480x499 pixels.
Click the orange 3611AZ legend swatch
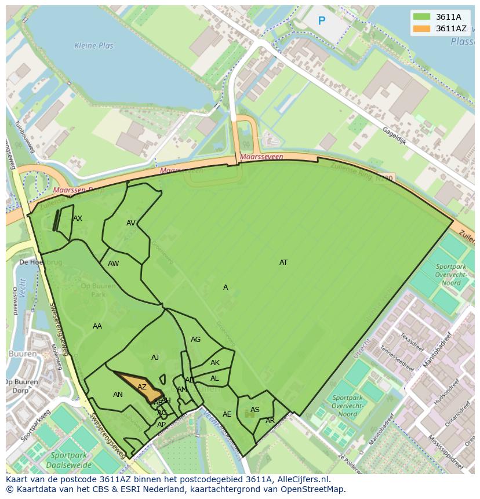421,28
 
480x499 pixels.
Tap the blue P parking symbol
322,21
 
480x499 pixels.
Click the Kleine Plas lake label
94,46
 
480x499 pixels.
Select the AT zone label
283,263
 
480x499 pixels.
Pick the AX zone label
78,218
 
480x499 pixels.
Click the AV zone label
131,223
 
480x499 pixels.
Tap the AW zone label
113,264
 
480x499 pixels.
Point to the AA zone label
97,326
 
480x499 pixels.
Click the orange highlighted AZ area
141,387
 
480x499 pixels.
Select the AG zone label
195,340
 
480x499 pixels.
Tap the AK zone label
215,363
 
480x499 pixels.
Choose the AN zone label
118,395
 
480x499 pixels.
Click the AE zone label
227,414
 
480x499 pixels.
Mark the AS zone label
254,410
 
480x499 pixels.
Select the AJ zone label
155,358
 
